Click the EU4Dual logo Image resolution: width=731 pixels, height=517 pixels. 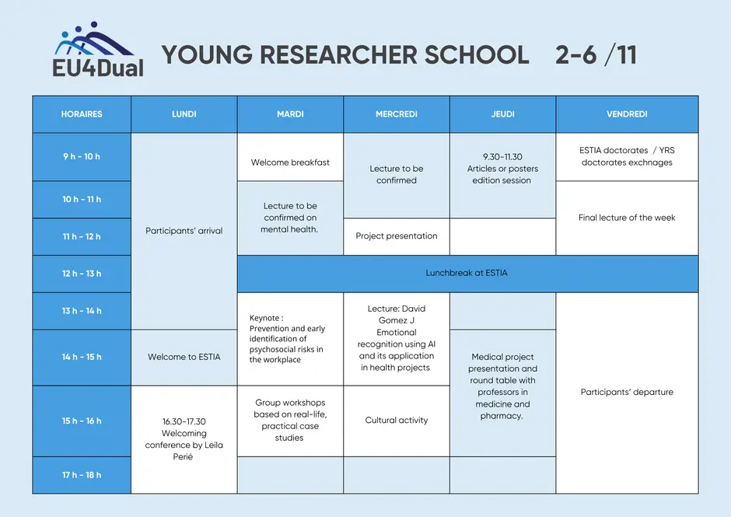click(98, 50)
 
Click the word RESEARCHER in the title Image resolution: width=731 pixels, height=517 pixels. click(338, 54)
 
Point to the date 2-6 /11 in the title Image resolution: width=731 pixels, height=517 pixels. click(596, 54)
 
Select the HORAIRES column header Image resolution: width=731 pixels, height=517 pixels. click(82, 114)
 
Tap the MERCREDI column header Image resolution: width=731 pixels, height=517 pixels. click(397, 114)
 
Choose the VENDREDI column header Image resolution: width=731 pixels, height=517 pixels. click(627, 114)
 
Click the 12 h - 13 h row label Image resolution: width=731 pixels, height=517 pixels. click(82, 274)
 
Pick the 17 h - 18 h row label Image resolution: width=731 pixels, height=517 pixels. click(82, 475)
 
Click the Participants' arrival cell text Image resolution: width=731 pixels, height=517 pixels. click(184, 231)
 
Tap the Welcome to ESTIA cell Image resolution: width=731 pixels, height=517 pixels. click(184, 358)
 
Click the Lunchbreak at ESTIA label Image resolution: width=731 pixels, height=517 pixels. click(467, 273)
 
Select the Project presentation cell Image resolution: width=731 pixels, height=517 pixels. click(397, 236)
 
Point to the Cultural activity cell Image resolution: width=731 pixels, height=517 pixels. click(397, 421)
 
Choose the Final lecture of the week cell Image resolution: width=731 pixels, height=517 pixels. click(627, 218)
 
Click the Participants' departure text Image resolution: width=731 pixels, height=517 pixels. click(627, 392)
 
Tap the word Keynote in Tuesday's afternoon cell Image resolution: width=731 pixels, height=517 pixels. click(264, 318)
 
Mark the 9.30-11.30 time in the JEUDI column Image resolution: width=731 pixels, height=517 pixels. click(502, 157)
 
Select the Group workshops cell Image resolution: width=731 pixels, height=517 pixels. click(290, 421)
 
